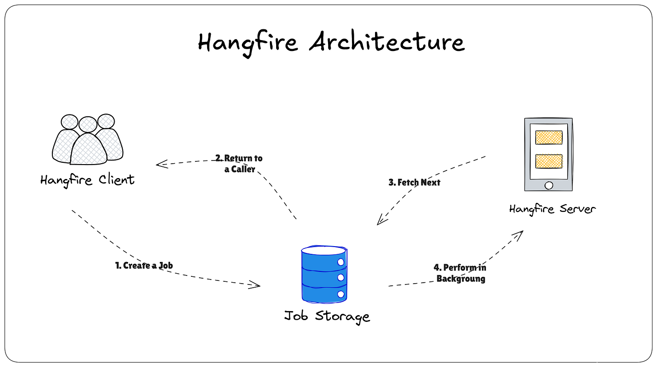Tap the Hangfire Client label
point(87,180)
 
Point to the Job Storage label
point(327,316)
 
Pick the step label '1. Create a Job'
point(144,266)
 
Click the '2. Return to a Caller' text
point(239,164)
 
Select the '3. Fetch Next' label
point(414,183)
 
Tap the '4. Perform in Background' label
point(460,273)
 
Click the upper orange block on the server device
point(548,137)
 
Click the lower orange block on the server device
point(548,161)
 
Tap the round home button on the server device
point(549,185)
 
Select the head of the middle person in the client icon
point(88,124)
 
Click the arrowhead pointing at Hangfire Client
point(159,165)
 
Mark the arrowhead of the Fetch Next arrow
point(380,221)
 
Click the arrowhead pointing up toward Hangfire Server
point(520,233)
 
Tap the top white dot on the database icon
point(341,261)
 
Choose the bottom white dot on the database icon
point(341,294)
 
